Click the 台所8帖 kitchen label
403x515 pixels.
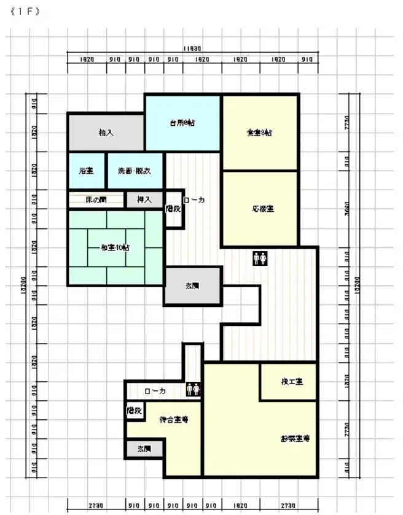182,123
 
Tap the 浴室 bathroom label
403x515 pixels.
86,171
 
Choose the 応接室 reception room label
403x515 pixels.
262,209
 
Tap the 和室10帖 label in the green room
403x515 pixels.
115,247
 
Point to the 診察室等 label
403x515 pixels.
295,438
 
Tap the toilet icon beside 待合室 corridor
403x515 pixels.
193,389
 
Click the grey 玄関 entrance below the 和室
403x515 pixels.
192,286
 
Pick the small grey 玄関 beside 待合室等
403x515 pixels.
144,449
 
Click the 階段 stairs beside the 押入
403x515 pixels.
174,209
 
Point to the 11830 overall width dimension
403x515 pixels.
192,48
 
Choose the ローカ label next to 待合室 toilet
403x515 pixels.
155,390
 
